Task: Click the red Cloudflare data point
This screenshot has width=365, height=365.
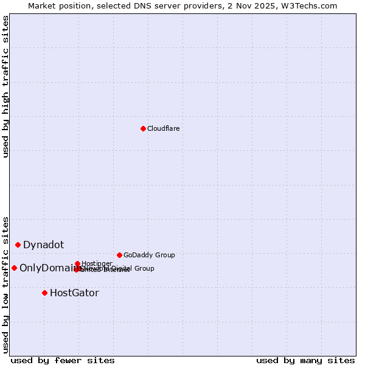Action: click(143, 128)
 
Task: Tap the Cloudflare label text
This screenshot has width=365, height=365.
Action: click(163, 128)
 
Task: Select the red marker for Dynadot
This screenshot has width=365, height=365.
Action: click(18, 245)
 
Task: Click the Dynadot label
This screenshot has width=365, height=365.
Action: click(43, 245)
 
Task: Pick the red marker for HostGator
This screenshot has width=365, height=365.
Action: click(44, 293)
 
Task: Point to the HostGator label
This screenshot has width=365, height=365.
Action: click(74, 293)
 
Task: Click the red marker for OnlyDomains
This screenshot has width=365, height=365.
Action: click(14, 268)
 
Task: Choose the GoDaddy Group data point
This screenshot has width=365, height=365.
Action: click(119, 255)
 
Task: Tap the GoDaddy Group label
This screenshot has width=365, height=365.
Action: click(149, 255)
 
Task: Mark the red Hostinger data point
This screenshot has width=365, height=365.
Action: click(77, 263)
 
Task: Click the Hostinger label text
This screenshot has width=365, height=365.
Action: click(97, 263)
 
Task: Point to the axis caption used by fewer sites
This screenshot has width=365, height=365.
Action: click(63, 360)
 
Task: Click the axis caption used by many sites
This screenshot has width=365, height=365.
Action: click(305, 360)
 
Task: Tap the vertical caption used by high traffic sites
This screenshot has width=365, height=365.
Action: click(5, 86)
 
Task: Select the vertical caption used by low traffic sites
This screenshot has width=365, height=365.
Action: click(5, 284)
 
